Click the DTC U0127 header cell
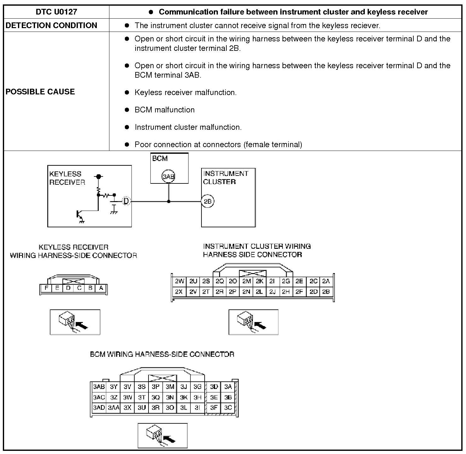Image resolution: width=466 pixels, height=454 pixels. [56, 12]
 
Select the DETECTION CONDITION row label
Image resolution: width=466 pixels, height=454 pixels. [51, 25]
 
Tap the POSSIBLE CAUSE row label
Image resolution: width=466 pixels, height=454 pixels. [40, 92]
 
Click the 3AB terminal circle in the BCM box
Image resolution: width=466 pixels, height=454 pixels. [168, 176]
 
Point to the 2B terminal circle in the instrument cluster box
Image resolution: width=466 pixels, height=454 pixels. [207, 201]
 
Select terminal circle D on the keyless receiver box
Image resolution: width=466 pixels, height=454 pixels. [126, 201]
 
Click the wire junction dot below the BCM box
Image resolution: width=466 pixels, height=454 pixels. [169, 201]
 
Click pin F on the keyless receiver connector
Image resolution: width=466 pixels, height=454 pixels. [47, 288]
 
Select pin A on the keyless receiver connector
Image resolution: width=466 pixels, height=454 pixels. [101, 288]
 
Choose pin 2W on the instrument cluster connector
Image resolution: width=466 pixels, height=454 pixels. [179, 281]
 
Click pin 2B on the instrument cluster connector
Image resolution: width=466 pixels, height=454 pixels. [326, 292]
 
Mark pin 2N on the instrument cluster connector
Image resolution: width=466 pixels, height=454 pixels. [246, 292]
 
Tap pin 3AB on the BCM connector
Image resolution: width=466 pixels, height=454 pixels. [99, 387]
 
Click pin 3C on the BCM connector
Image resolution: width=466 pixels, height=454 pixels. [228, 408]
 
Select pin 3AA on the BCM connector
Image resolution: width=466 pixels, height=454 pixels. [114, 408]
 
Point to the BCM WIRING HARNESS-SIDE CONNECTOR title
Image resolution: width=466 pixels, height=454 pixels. [162, 354]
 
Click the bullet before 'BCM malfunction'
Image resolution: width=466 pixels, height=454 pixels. [127, 110]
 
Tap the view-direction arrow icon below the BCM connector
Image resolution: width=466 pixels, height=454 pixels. [163, 436]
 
